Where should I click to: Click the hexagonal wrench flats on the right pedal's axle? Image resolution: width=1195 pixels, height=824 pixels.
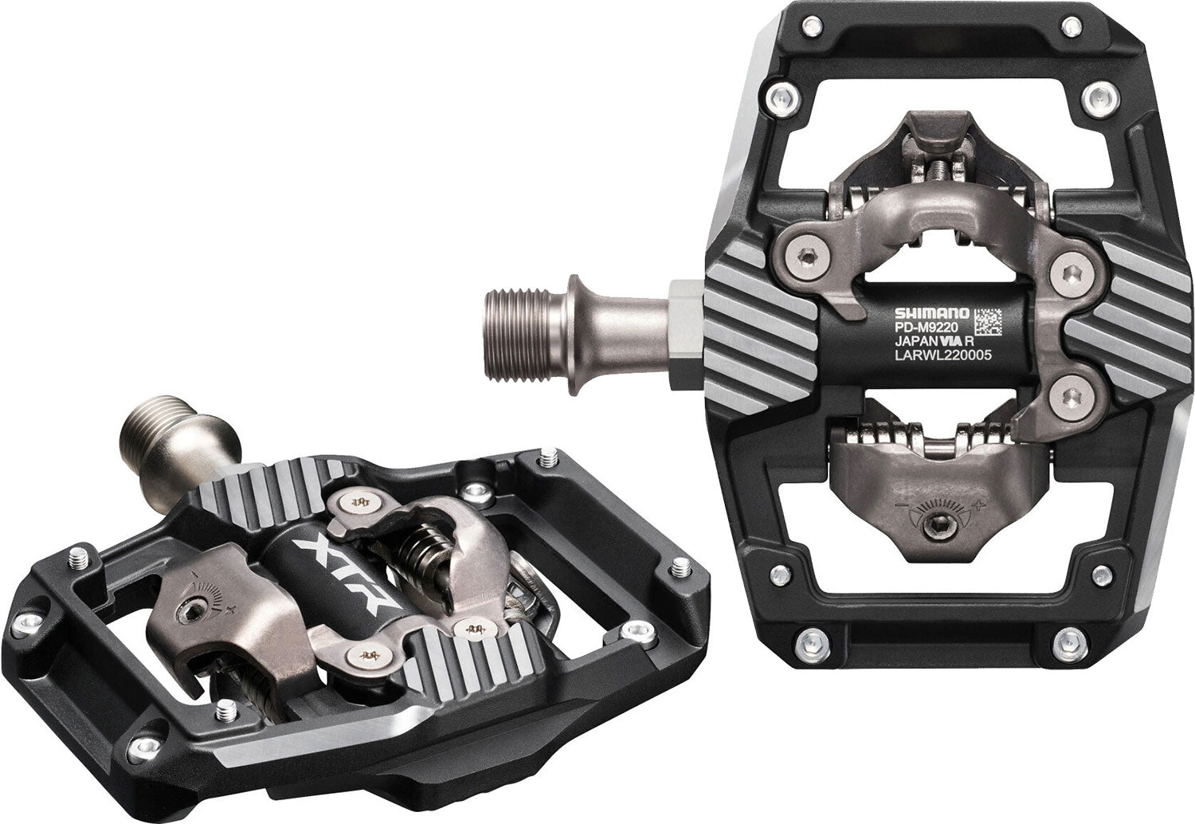pos(684,335)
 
